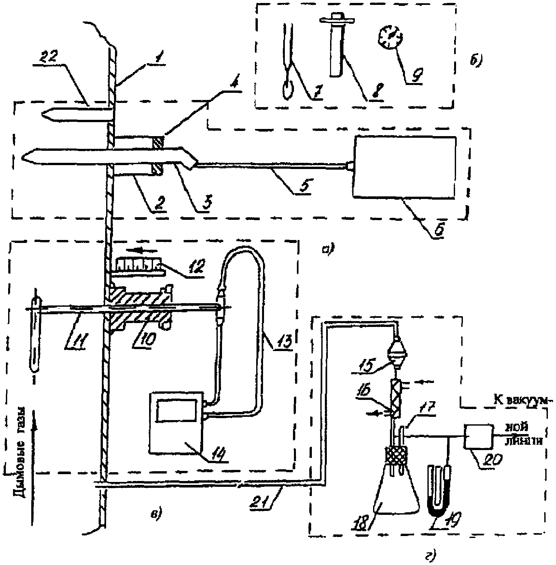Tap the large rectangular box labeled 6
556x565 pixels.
405,167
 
